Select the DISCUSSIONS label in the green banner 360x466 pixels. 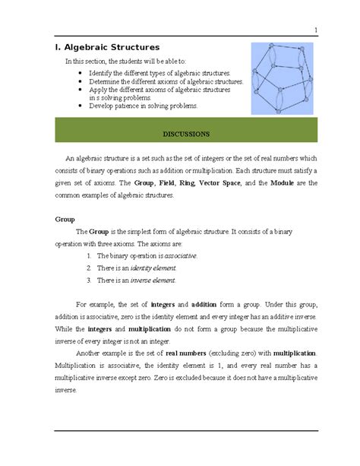point(186,134)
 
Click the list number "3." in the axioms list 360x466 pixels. point(89,281)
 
